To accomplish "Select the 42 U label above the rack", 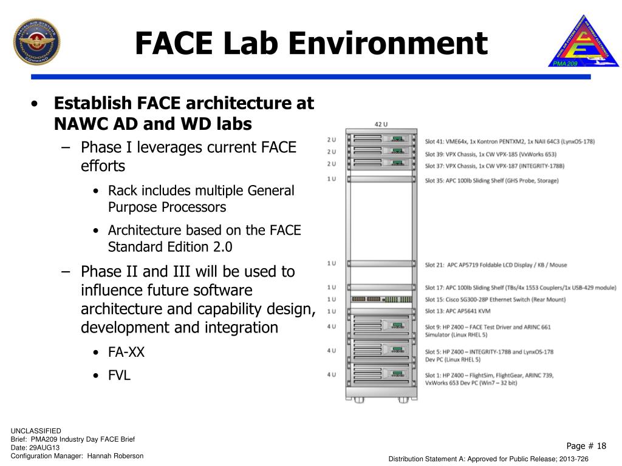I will coord(381,124).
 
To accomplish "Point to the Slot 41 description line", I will coord(509,141).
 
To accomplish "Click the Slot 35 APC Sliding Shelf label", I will coord(491,180).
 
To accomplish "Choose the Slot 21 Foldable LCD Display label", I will coord(496,265).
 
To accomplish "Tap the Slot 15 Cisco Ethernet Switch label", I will coord(495,299).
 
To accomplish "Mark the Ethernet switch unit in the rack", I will coord(381,299).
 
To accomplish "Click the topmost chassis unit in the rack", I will coord(381,140).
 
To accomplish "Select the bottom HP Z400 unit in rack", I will coord(381,375).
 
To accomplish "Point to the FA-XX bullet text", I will coord(126,353).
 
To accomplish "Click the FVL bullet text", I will coord(119,375).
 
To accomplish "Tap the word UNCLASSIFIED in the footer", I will coord(36,431).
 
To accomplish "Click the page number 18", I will coord(601,446).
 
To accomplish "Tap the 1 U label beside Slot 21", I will coord(331,263).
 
